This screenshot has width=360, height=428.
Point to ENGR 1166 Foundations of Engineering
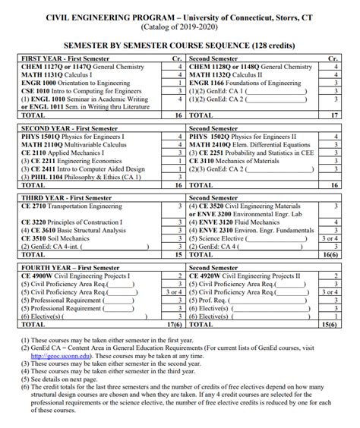[x=250, y=83]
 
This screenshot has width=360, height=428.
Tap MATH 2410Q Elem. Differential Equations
[x=251, y=145]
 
